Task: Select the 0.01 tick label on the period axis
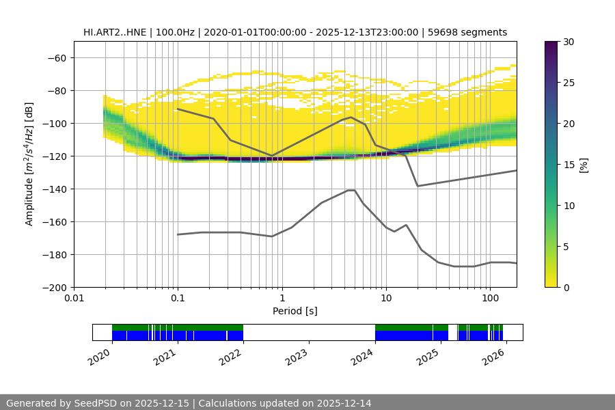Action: [74, 299]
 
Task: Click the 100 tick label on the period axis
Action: [489, 299]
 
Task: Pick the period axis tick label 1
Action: [282, 299]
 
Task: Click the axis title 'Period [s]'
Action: [295, 311]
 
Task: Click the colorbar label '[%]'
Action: [583, 165]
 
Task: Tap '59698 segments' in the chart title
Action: [472, 32]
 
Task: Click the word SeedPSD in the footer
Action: [94, 403]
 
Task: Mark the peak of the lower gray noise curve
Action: [351, 190]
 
